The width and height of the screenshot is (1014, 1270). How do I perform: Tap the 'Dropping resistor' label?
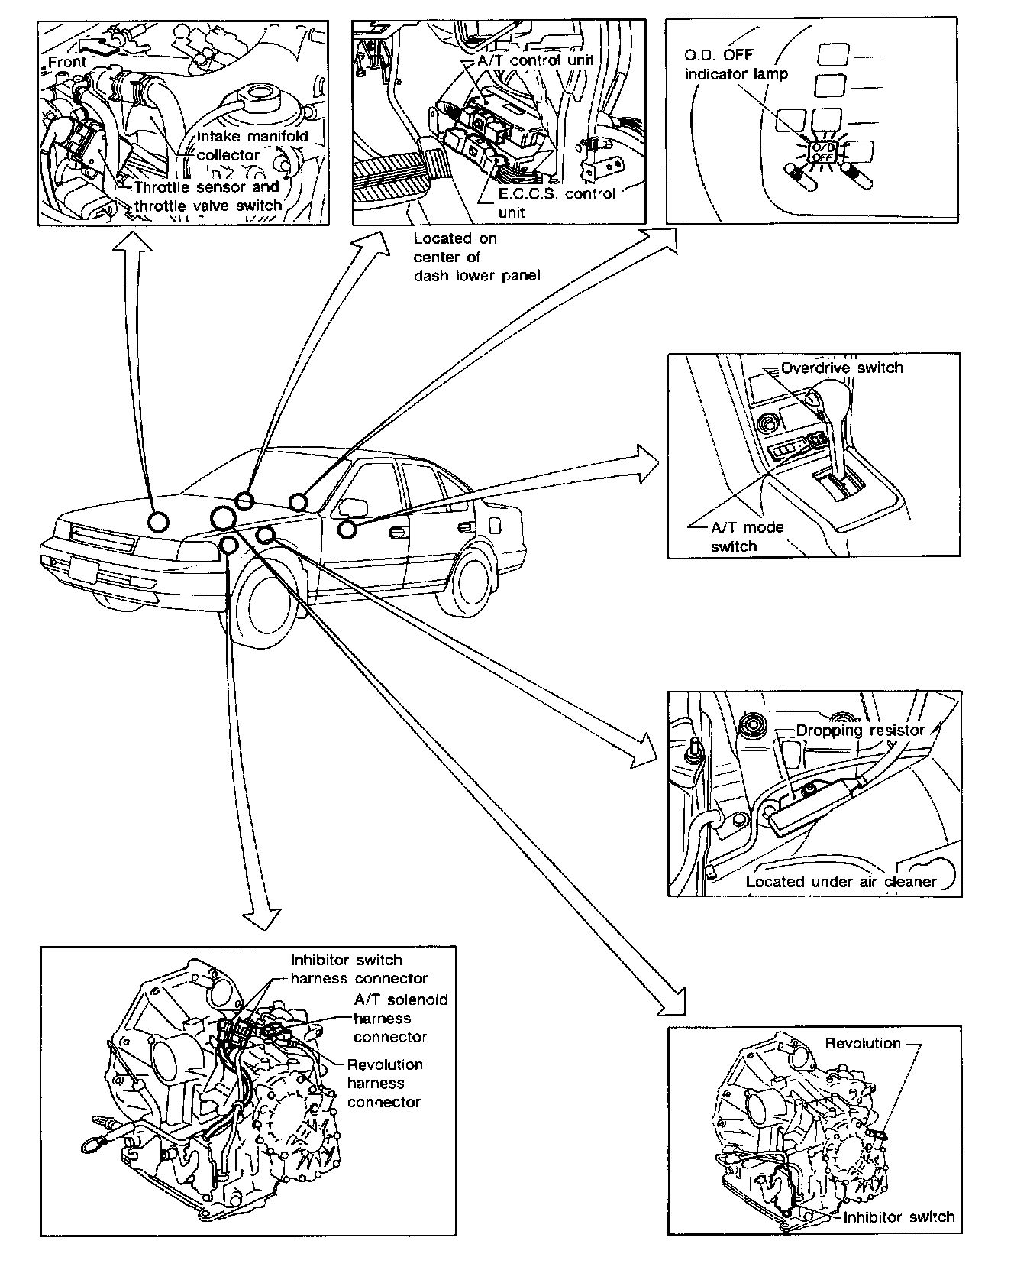[860, 731]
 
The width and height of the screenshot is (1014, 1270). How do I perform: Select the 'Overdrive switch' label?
[841, 368]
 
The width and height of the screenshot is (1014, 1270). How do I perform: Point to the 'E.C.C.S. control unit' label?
[556, 202]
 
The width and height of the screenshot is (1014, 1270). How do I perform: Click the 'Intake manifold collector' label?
[253, 145]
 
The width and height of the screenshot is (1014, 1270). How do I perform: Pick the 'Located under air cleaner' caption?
[841, 881]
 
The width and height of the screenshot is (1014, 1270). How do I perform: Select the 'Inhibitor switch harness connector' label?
[359, 969]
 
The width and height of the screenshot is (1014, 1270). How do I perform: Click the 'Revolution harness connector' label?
[385, 1083]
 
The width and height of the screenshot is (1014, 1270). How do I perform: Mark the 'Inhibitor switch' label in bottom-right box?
[899, 1217]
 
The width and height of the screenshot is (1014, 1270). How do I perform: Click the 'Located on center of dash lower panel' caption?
[476, 257]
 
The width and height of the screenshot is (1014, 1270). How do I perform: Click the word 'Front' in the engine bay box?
[67, 62]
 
